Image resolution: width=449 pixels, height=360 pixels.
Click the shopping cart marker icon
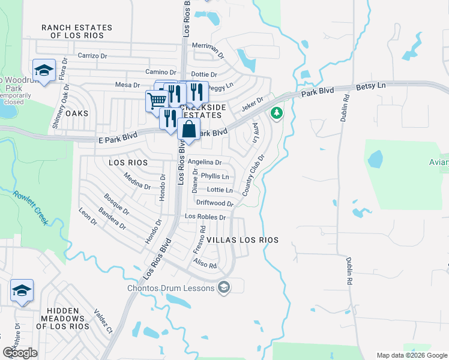pos(156,100)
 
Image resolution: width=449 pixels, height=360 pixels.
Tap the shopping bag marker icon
pos(188,129)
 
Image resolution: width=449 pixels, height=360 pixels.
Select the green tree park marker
pos(277,112)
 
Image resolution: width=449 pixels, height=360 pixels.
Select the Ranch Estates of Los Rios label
pos(76,32)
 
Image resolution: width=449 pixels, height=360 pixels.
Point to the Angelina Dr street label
pos(204,162)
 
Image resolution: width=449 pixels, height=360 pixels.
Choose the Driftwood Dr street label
pos(214,203)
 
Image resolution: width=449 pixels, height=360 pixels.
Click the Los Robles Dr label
pos(205,217)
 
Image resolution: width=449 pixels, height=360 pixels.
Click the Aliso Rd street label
pos(204,263)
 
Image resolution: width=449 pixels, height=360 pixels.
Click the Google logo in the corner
pos(20,352)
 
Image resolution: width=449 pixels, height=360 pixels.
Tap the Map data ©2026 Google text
pos(411,355)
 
